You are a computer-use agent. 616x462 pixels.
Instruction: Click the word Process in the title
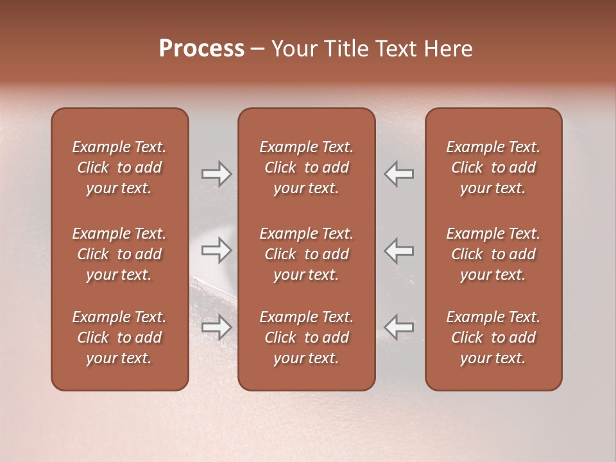click(201, 49)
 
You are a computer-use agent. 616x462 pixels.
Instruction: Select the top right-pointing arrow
click(216, 174)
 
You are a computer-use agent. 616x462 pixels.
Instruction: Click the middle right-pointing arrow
click(216, 250)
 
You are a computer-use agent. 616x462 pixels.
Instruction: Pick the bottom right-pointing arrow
click(216, 327)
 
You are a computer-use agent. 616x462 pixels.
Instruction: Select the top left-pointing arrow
click(399, 174)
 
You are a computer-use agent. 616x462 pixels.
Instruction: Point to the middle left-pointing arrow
click(399, 250)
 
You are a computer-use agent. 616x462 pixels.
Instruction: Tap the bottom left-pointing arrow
click(399, 327)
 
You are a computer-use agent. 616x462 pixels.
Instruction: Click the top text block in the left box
click(119, 167)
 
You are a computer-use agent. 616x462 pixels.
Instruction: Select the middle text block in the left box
click(119, 254)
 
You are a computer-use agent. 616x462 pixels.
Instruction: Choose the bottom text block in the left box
click(119, 338)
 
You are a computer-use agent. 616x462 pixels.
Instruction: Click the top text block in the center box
click(306, 167)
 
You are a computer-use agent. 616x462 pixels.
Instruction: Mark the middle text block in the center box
click(306, 254)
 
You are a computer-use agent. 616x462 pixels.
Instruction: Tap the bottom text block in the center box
click(306, 338)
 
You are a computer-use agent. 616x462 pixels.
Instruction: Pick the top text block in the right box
click(493, 167)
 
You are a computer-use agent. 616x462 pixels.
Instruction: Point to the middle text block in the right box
click(493, 254)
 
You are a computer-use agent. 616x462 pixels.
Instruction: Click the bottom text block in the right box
click(493, 338)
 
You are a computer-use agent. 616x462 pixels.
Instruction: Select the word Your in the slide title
click(292, 49)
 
